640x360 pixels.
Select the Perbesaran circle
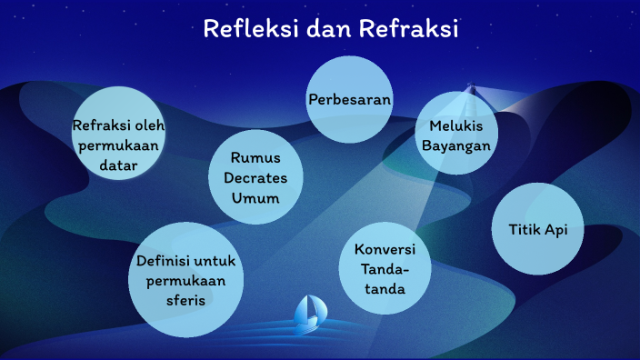click(349, 98)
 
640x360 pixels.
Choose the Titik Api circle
click(536, 230)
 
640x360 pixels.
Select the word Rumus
click(254, 157)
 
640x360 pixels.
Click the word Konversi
click(385, 249)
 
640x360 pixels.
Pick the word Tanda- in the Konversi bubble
click(385, 269)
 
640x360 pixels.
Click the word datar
click(118, 165)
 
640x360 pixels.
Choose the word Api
click(555, 230)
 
